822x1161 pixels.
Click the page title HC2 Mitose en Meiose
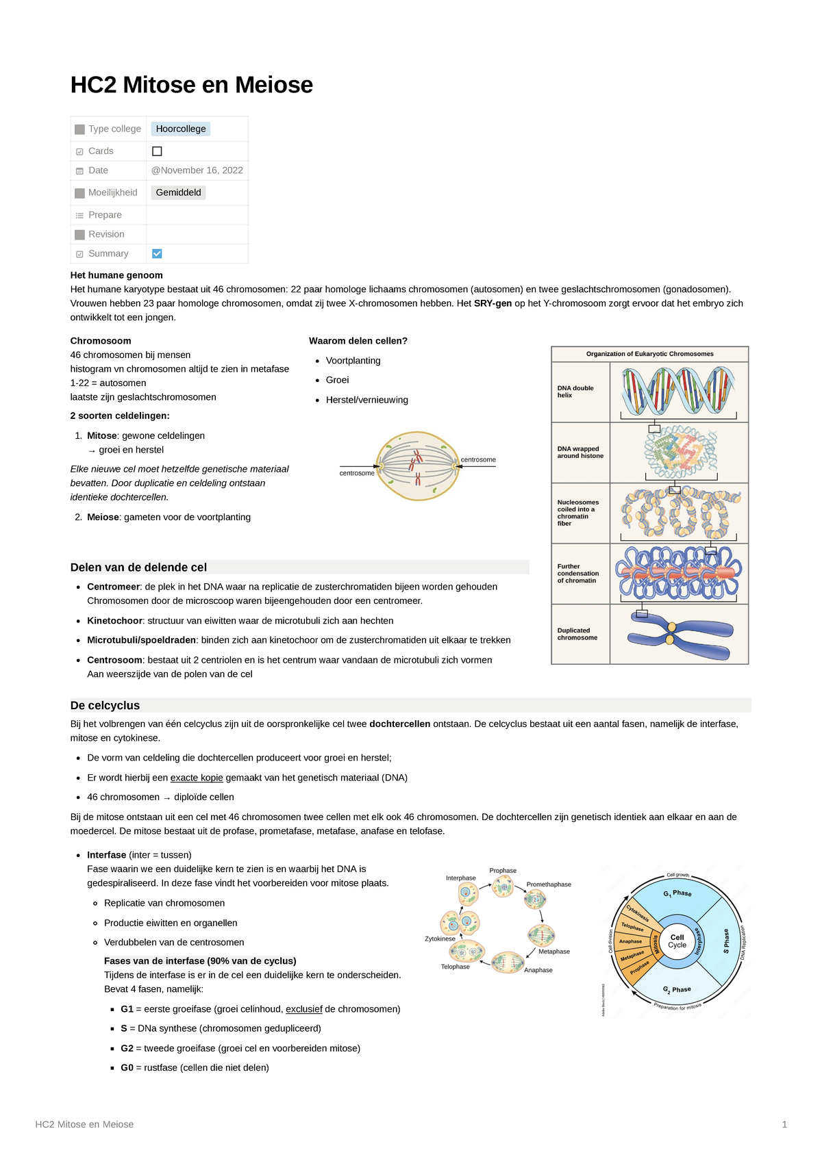coord(191,85)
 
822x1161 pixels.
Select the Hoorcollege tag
coord(181,129)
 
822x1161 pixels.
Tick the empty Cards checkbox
coord(157,151)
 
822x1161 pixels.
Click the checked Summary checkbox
coord(157,253)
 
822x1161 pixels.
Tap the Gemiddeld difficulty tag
coord(178,192)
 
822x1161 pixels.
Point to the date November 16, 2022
coord(197,170)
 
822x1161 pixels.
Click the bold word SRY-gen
coord(493,303)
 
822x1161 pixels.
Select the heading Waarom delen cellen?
coord(358,341)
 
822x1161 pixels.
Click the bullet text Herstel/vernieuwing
coord(366,400)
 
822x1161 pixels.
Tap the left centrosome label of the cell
coord(357,473)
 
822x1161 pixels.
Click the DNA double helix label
coord(575,392)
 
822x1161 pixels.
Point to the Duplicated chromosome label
coord(577,634)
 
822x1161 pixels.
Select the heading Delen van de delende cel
coord(138,567)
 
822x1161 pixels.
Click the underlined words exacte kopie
coord(197,778)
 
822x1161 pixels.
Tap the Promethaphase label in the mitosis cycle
coord(548,884)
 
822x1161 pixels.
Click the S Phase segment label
coord(726,941)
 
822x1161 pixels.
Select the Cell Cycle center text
coord(677,941)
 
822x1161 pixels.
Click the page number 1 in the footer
coord(784,1124)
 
